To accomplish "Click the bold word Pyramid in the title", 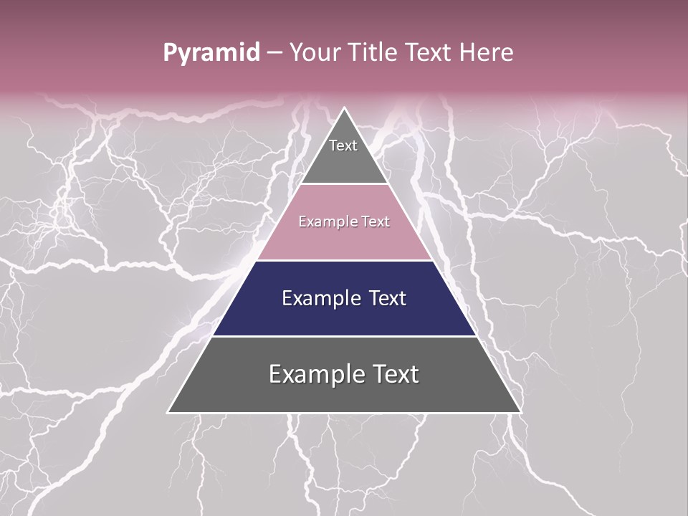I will point(211,53).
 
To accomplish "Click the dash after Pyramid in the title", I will point(274,53).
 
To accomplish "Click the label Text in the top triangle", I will point(343,145).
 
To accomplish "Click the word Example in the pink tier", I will point(324,222).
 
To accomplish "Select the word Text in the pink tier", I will point(376,222).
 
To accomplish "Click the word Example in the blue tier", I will point(320,298).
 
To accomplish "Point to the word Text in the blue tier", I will point(387,298).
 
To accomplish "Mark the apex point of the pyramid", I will point(345,108).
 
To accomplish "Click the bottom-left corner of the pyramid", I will point(168,412).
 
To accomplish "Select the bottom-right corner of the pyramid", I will point(520,412).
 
